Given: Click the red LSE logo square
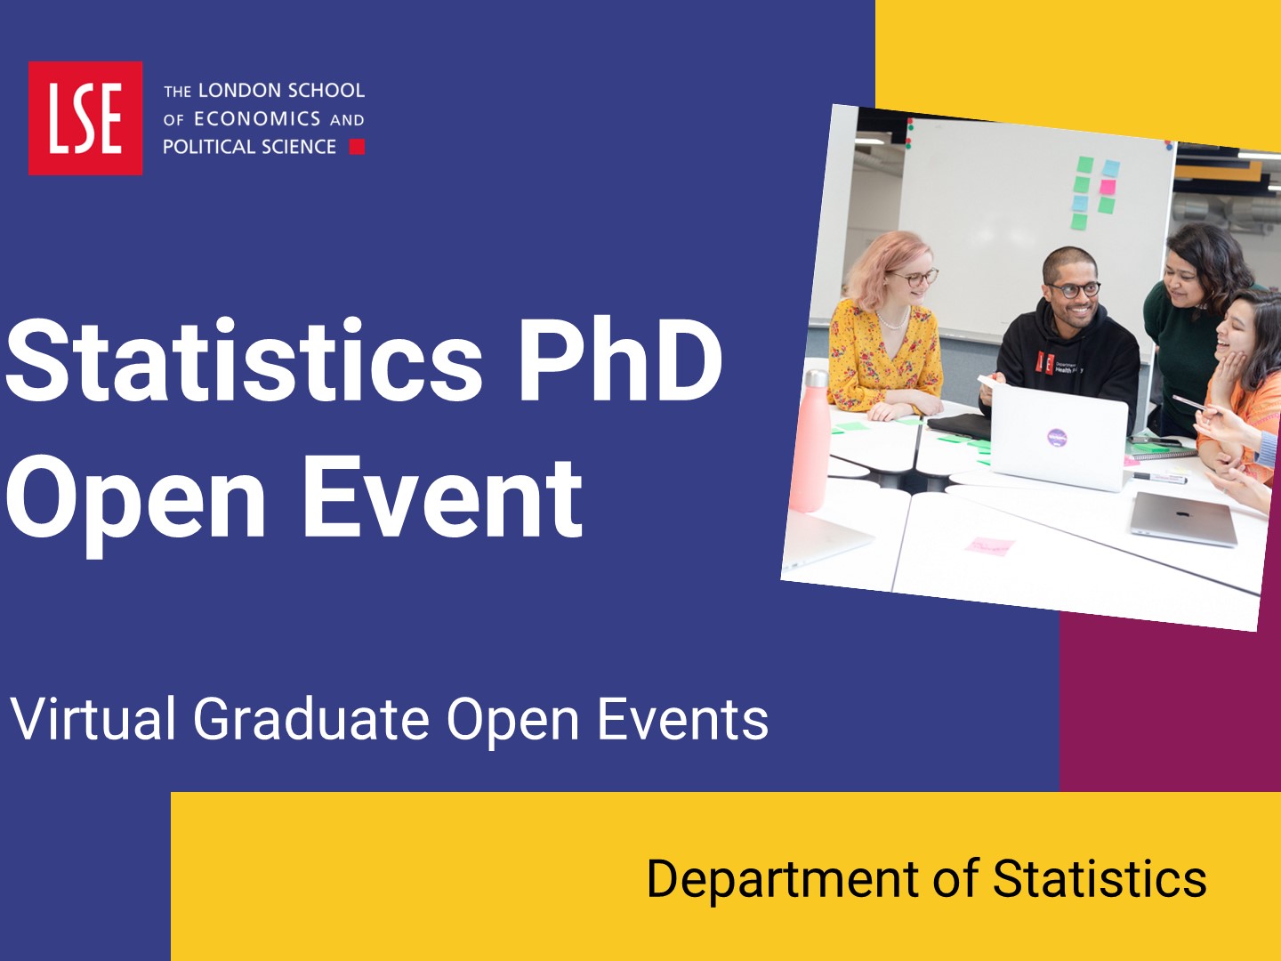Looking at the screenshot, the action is [x=85, y=117].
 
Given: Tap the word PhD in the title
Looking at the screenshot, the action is [x=621, y=360].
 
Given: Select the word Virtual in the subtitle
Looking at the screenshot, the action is [x=93, y=719].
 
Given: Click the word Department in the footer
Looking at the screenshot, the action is [x=783, y=880].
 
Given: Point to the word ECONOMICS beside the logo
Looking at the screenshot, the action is [x=257, y=119].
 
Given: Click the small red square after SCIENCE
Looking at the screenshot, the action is [x=357, y=147].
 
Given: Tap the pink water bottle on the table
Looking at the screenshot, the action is [x=810, y=441].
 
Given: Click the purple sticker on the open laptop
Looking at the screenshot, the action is [x=1057, y=437].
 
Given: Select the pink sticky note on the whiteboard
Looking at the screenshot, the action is [x=1108, y=187].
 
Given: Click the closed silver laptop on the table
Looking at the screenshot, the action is [x=1183, y=519].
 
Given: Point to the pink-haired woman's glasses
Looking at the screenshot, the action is [x=914, y=278].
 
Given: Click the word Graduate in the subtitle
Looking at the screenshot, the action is [x=311, y=720].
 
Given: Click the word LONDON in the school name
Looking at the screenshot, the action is [x=231, y=91].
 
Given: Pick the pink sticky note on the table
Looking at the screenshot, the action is [x=990, y=545].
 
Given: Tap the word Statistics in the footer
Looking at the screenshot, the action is [x=1100, y=879].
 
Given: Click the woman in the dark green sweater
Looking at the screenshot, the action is [x=1190, y=327].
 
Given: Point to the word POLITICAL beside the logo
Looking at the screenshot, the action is [x=208, y=147].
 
